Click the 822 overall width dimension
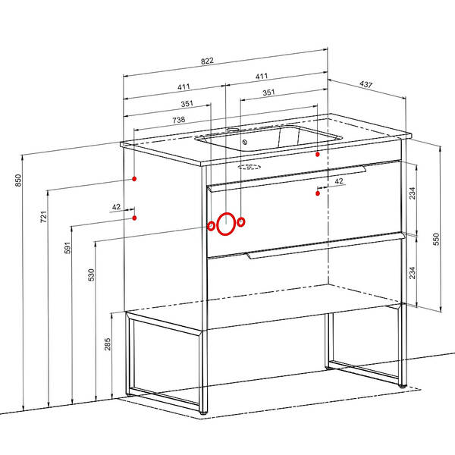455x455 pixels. [x=207, y=61]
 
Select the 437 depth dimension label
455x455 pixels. [x=366, y=84]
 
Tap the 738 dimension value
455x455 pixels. [x=179, y=120]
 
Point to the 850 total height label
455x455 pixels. [x=18, y=180]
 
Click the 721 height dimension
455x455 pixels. [x=43, y=217]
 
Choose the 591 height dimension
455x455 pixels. [x=67, y=247]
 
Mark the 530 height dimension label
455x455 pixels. [x=92, y=275]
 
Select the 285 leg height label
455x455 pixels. [x=108, y=344]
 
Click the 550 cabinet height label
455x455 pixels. [x=436, y=239]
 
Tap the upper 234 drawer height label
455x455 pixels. [x=412, y=193]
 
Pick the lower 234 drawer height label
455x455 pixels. [x=412, y=273]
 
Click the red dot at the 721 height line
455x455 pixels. [x=134, y=179]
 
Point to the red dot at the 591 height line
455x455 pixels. [x=134, y=218]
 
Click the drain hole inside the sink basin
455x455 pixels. [x=245, y=142]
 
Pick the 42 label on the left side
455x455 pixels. [x=116, y=207]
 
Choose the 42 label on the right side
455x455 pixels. [x=339, y=181]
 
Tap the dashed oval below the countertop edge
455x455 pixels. [x=249, y=167]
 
